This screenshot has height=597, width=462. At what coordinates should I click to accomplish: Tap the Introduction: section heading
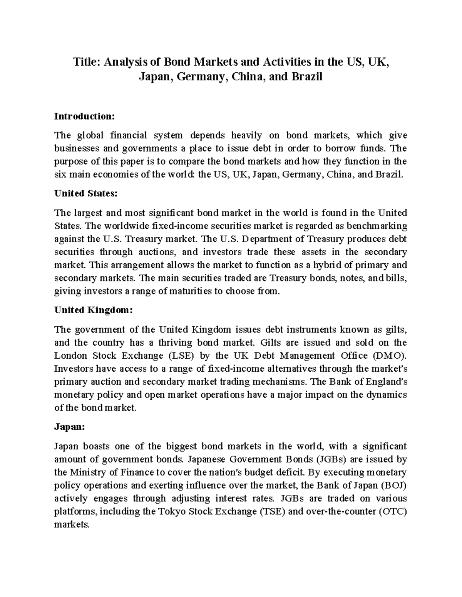click(x=84, y=116)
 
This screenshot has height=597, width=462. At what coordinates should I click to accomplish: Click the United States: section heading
click(x=85, y=193)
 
